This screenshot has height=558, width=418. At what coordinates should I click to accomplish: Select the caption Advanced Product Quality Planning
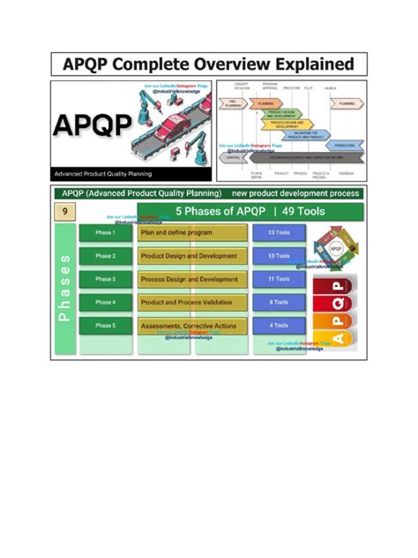click(101, 173)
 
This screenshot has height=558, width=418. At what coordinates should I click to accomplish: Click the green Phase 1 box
click(104, 233)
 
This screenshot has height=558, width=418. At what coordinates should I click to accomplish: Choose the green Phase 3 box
click(104, 279)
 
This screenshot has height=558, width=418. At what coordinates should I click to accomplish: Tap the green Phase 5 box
click(104, 326)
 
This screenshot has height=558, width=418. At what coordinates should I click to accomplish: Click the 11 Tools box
click(278, 279)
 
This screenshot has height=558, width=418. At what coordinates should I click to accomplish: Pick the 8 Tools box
click(278, 302)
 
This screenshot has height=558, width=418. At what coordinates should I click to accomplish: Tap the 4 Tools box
click(278, 326)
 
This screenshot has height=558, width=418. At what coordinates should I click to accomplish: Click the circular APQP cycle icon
click(334, 248)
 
